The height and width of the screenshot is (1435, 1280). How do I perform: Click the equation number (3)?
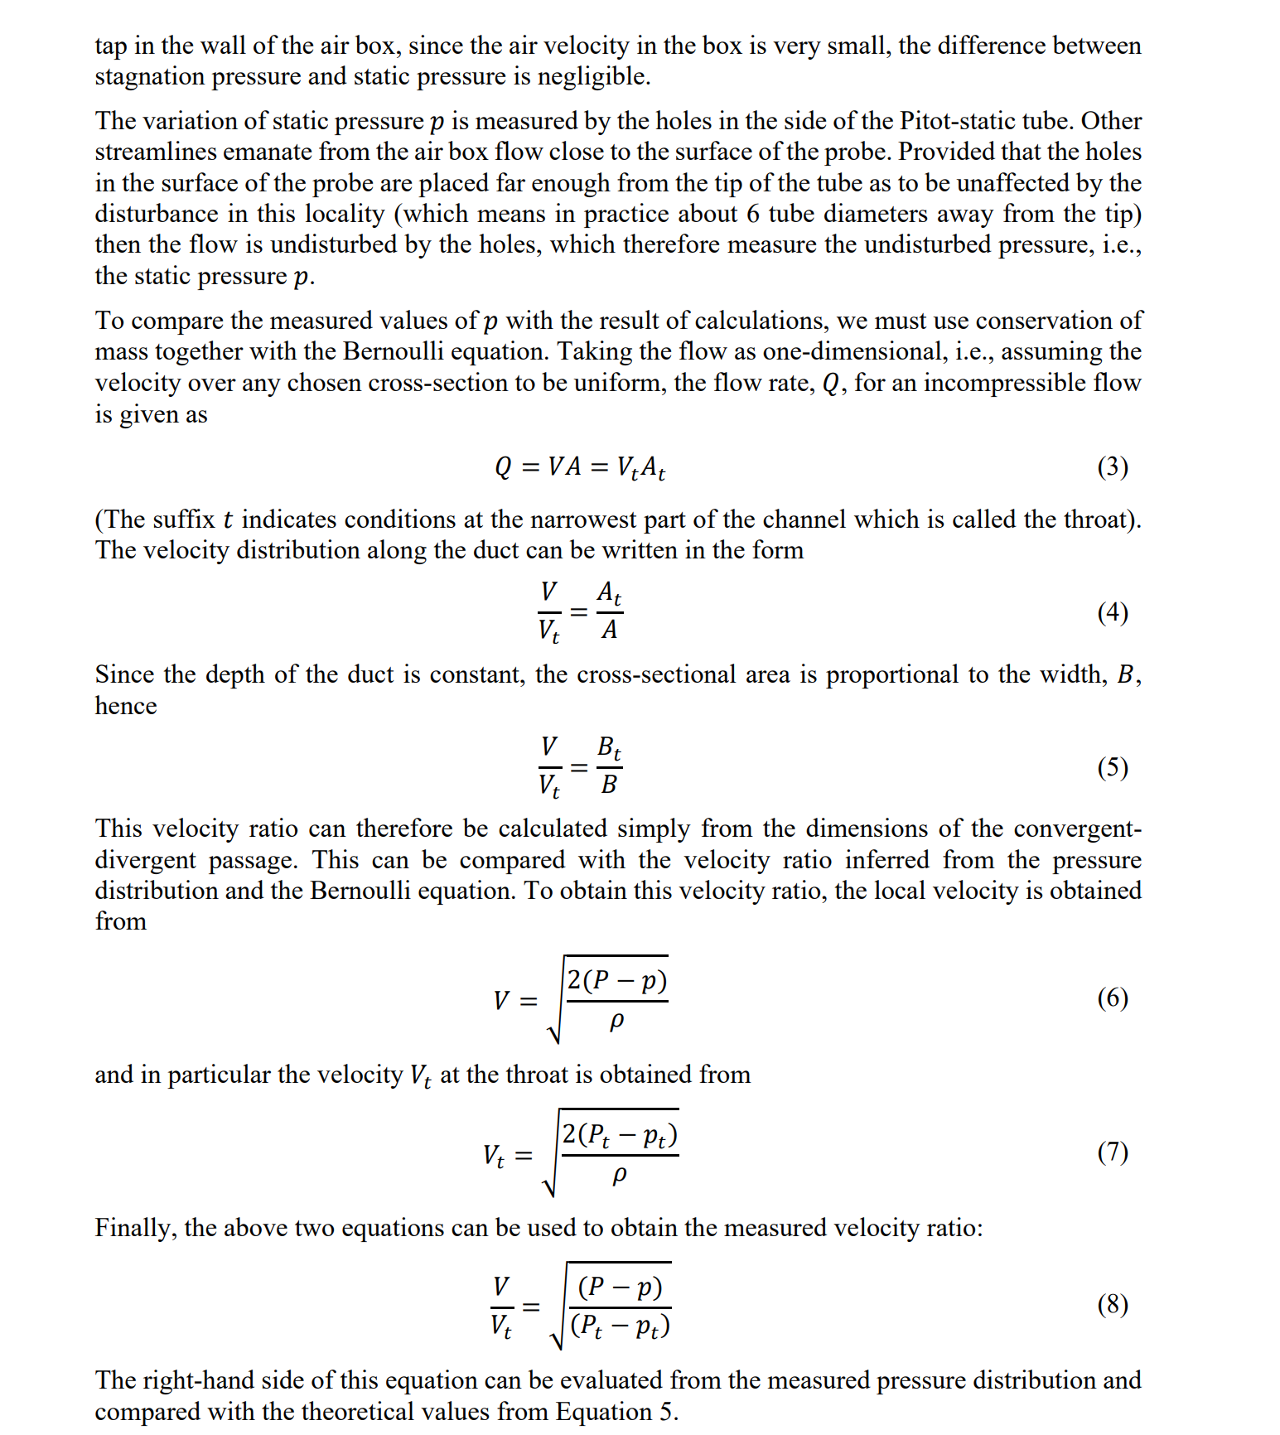[x=1112, y=467]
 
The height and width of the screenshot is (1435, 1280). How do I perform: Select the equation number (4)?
[x=1112, y=612]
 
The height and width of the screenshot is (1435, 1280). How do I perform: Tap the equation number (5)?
[x=1112, y=767]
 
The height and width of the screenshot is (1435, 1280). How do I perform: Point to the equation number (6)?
[x=1112, y=998]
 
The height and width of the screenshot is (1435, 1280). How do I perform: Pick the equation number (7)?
[x=1112, y=1152]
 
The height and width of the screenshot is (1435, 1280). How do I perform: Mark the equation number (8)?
[x=1112, y=1305]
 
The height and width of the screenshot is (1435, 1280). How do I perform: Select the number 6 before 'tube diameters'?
[x=752, y=214]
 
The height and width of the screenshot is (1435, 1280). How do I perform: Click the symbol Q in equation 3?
[x=504, y=467]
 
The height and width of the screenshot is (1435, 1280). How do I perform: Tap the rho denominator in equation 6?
[x=616, y=1022]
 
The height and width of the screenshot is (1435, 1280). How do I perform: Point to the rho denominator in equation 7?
[x=619, y=1175]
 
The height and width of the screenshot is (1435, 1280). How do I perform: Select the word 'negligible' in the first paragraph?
[x=592, y=76]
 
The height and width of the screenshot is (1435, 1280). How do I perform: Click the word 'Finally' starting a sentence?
[x=134, y=1228]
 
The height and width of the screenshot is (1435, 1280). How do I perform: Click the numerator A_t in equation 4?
[x=609, y=592]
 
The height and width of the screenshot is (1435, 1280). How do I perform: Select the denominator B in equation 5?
[x=609, y=785]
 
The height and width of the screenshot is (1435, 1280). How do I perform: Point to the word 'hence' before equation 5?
[x=125, y=706]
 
